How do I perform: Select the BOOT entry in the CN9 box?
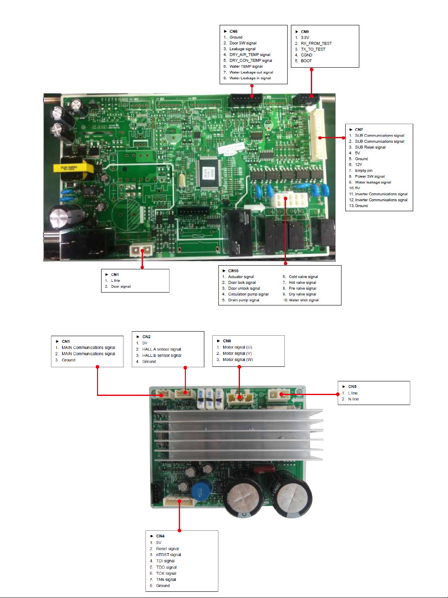(306, 61)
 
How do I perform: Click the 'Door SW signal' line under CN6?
(243, 43)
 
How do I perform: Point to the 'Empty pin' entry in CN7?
(363, 171)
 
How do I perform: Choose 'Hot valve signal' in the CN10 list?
(302, 283)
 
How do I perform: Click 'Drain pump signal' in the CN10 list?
(243, 300)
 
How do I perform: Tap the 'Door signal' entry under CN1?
(121, 286)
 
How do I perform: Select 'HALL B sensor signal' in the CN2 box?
(162, 355)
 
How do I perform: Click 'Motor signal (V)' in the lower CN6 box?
(237, 354)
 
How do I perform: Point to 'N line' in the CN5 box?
(353, 399)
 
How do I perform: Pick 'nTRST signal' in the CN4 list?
(168, 555)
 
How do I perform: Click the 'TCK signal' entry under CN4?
(166, 574)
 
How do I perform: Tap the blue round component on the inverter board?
(202, 490)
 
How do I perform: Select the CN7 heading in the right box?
(358, 129)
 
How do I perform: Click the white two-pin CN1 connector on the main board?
(141, 251)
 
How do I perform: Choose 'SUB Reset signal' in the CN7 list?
(370, 147)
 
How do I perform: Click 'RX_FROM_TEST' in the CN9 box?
(316, 43)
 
